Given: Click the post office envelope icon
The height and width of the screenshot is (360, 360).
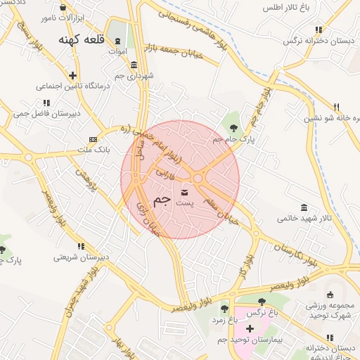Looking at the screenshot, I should [185, 192].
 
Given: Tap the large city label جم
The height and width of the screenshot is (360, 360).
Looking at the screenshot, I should [162, 200].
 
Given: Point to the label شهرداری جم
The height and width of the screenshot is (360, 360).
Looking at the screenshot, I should [134, 75].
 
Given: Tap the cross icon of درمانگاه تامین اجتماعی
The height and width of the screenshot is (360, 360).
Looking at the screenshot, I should [72, 75].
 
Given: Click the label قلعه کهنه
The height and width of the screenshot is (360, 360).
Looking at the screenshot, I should [83, 40].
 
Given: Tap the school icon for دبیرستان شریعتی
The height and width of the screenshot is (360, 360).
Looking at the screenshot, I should [82, 246].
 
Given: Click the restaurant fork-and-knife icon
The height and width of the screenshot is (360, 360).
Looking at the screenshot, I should [336, 108].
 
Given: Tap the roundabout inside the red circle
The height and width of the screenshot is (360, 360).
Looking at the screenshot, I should [198, 179].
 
